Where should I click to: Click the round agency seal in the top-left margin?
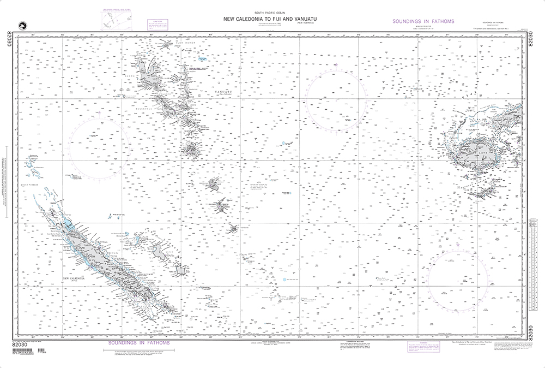22,24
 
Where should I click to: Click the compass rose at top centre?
335,100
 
